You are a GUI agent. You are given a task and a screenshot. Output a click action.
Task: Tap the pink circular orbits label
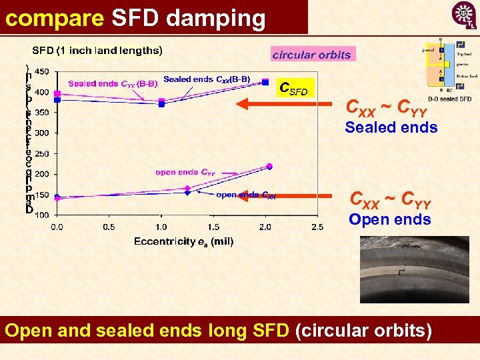click(312, 55)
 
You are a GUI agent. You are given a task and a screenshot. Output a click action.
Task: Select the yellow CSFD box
click(293, 88)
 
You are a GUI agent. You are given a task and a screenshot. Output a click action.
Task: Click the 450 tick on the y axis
click(41, 72)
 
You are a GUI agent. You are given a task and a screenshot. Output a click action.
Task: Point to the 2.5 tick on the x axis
click(317, 227)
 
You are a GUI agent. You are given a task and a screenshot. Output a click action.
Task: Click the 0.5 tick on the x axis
click(109, 227)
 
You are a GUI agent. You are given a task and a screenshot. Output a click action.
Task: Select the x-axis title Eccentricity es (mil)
click(183, 241)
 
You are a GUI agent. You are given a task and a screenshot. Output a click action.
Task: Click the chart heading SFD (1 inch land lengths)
click(97, 50)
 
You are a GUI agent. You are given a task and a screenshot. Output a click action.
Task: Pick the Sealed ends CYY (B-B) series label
click(113, 83)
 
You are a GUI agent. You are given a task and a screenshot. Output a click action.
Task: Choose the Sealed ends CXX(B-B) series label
click(207, 79)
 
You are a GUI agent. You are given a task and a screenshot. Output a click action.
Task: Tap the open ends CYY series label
click(185, 172)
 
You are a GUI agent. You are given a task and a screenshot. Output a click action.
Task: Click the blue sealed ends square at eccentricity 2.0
click(265, 82)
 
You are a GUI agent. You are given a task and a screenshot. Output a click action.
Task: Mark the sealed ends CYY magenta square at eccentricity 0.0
click(57, 94)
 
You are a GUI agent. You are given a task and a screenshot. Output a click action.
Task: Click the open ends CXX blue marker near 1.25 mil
click(187, 193)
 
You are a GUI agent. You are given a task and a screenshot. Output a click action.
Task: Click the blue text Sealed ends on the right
click(391, 127)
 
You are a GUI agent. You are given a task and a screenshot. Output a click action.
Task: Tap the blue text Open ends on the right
click(390, 219)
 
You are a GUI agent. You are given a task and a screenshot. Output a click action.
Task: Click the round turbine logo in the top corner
click(464, 15)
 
